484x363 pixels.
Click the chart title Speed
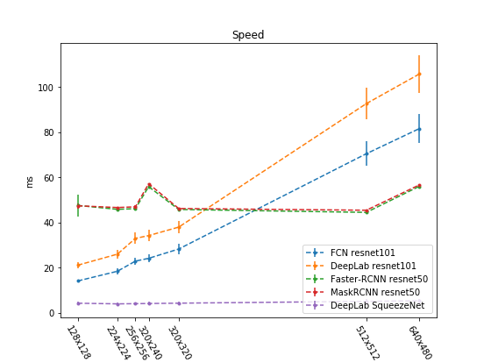[x=248, y=34]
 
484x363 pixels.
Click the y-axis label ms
[x=29, y=182]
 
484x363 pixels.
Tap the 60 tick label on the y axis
[x=49, y=178]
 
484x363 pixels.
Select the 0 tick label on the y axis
[x=52, y=313]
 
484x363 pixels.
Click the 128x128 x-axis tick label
[x=79, y=342]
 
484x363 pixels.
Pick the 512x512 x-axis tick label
[x=367, y=343]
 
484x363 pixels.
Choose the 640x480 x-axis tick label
[x=420, y=343]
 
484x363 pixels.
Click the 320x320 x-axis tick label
[x=180, y=343]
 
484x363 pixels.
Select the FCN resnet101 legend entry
[x=351, y=253]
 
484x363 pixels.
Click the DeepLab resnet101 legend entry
[x=361, y=266]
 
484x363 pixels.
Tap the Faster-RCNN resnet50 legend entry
[x=367, y=279]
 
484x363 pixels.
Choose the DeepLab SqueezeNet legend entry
[x=365, y=305]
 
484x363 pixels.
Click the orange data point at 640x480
[x=419, y=74]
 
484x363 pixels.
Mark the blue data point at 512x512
[x=367, y=153]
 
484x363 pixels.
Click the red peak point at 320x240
[x=149, y=185]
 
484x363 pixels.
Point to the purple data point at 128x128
[x=78, y=303]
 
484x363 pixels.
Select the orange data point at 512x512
[x=367, y=103]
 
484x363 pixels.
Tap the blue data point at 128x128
[x=78, y=281]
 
